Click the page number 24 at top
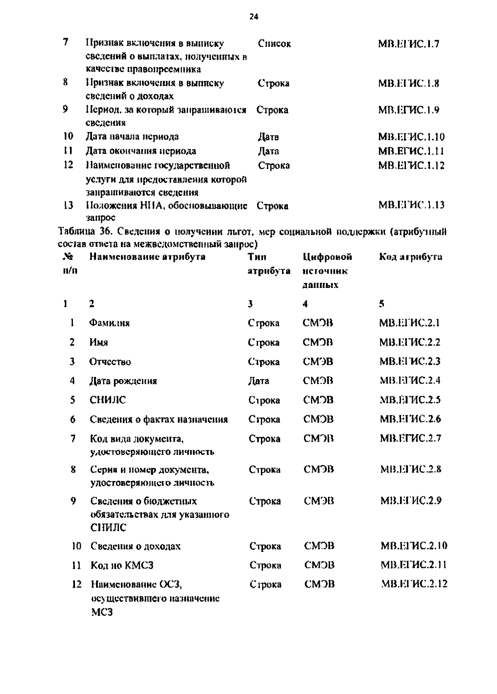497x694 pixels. [x=254, y=17]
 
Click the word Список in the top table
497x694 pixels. [x=274, y=44]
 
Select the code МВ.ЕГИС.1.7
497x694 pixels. [x=408, y=44]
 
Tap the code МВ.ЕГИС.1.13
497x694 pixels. [x=411, y=205]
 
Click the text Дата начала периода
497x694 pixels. [x=132, y=137]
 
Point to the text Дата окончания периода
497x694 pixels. [x=141, y=151]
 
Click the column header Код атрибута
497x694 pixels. [x=410, y=257]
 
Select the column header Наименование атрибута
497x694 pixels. [x=147, y=257]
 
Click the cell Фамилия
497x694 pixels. [x=109, y=323]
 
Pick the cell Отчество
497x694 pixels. [x=110, y=362]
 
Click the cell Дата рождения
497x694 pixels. [x=123, y=381]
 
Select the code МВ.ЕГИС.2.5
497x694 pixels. [x=410, y=400]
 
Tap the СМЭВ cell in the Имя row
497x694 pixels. [x=318, y=342]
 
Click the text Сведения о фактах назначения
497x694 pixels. [x=159, y=419]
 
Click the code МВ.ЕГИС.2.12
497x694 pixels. [x=414, y=584]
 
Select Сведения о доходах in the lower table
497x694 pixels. [x=135, y=546]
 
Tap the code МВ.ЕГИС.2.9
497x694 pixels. [x=410, y=501]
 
